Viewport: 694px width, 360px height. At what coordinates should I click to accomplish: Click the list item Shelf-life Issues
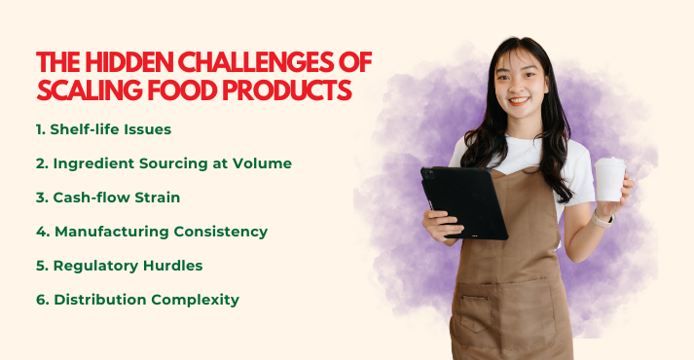(104, 129)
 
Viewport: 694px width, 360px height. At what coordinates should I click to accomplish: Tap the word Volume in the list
(268, 163)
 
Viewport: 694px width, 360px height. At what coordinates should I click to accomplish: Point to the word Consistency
(219, 232)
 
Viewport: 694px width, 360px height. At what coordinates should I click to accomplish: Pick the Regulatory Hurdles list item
(119, 266)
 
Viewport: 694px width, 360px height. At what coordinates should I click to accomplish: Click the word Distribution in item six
(100, 300)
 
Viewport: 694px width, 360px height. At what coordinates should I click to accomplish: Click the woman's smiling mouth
(519, 99)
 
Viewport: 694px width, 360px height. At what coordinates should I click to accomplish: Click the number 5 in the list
(41, 266)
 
